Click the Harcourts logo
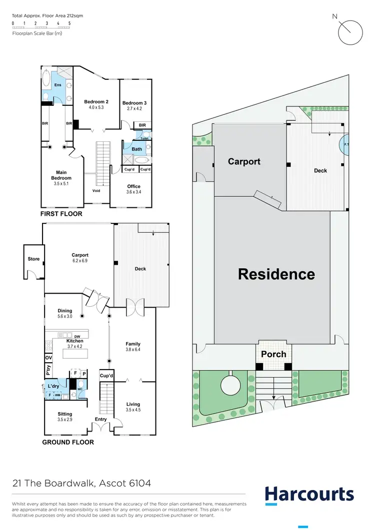pyautogui.click(x=309, y=494)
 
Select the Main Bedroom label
pyautogui.click(x=61, y=175)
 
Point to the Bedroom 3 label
pyautogui.click(x=134, y=103)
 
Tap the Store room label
pyautogui.click(x=33, y=259)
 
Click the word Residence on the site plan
pyautogui.click(x=276, y=274)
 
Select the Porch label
pyautogui.click(x=273, y=354)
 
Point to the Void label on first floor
pyautogui.click(x=96, y=190)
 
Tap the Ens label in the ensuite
pyautogui.click(x=57, y=85)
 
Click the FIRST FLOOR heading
pyautogui.click(x=61, y=214)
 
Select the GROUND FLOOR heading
pyautogui.click(x=67, y=442)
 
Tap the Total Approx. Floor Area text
pyautogui.click(x=47, y=15)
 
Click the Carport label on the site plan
pyautogui.click(x=244, y=161)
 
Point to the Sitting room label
pyautogui.click(x=64, y=414)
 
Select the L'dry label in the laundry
pyautogui.click(x=53, y=387)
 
